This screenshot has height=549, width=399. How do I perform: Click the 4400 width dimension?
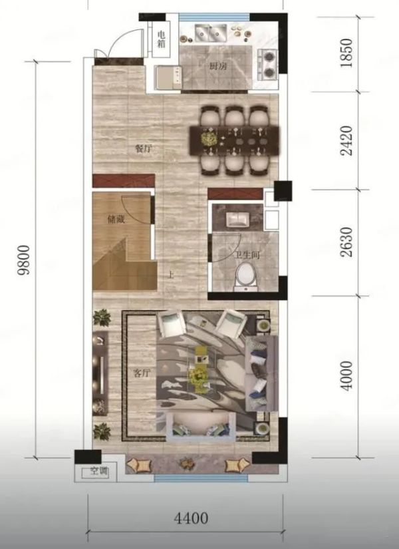[191, 518]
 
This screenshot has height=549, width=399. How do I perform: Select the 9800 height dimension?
[25, 261]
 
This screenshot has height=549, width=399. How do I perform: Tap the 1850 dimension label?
[346, 53]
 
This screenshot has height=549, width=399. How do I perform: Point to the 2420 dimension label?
[347, 140]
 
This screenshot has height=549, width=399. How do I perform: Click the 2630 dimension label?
[347, 242]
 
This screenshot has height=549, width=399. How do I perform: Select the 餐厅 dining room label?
[144, 149]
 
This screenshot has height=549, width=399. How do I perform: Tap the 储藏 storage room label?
[116, 220]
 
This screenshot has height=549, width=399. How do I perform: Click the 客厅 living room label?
[142, 373]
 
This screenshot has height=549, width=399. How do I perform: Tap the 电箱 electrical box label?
[162, 39]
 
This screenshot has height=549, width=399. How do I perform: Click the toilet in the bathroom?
[247, 277]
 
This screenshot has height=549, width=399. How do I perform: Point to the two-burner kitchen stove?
[268, 64]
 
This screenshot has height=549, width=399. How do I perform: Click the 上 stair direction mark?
[171, 275]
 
